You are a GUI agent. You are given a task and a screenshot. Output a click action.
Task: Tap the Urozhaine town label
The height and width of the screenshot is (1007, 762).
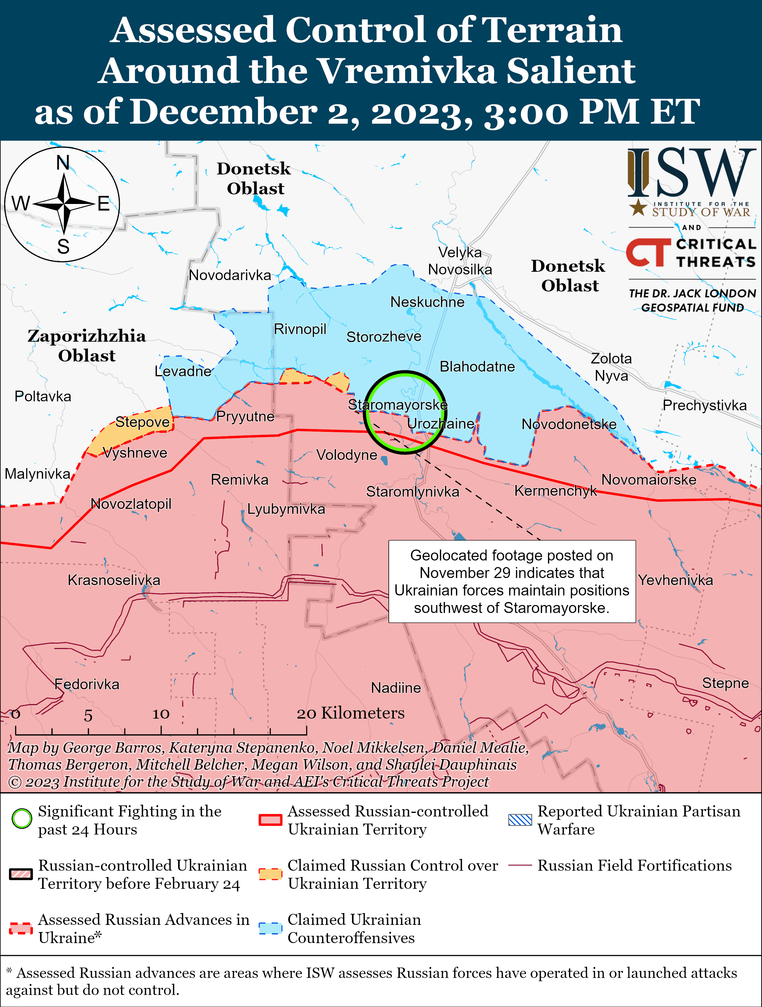point(440,423)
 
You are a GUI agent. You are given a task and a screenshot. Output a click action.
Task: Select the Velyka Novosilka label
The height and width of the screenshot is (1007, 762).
point(460,261)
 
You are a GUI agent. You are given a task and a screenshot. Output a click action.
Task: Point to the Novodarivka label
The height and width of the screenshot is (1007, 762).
point(230,275)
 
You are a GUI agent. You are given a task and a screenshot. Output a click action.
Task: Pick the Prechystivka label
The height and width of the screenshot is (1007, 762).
point(704,405)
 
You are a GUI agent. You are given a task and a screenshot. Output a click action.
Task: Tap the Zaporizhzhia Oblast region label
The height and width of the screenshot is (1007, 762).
point(87,346)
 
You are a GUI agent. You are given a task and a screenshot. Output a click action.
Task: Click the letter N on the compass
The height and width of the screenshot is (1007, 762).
point(63,162)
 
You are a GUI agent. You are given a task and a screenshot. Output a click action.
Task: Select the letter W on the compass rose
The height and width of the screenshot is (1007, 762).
point(21,203)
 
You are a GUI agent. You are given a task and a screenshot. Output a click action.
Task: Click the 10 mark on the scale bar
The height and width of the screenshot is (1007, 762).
point(161,714)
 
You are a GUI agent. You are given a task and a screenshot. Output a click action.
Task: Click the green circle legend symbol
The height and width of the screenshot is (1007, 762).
point(22,819)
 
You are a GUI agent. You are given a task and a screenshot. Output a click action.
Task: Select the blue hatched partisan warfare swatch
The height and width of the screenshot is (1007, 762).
point(520,820)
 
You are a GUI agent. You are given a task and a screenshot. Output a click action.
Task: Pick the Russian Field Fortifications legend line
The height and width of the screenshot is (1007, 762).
point(520,865)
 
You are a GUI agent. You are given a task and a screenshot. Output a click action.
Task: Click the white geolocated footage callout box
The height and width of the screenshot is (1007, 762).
point(512,581)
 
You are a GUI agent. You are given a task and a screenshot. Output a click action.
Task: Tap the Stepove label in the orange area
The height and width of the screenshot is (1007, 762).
point(142,422)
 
